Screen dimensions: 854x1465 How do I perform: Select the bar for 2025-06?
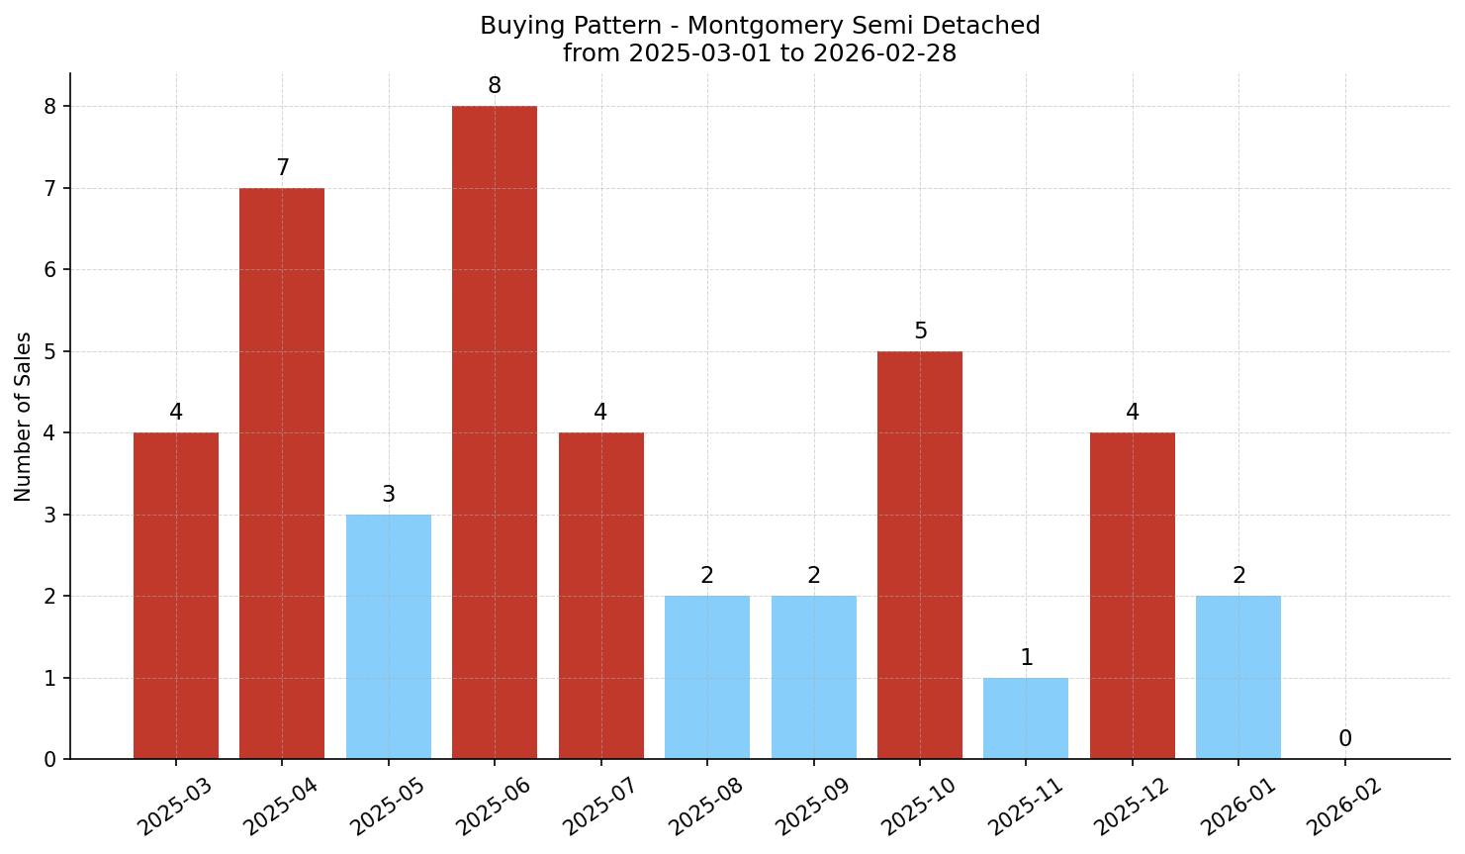coord(495,432)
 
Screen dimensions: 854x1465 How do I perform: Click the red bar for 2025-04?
coord(282,473)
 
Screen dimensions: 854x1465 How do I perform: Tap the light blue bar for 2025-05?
coord(389,636)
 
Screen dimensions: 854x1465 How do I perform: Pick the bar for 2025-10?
coord(920,555)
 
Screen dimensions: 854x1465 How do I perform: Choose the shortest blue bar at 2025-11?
coord(1026,718)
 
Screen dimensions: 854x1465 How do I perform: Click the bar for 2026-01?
coord(1238,677)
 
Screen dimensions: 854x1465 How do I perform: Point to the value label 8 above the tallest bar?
coord(495,86)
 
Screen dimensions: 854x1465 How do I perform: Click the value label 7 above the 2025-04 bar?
coord(283,168)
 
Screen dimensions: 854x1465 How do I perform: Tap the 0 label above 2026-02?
coord(1345,739)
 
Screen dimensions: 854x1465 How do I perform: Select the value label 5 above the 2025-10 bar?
coord(921,332)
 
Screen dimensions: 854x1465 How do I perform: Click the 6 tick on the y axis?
coord(50,270)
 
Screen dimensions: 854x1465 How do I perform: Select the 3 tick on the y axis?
coord(50,515)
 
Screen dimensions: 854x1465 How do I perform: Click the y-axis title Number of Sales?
coord(24,417)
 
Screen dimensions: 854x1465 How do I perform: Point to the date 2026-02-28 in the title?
coord(884,53)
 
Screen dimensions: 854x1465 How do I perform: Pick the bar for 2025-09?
coord(814,677)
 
